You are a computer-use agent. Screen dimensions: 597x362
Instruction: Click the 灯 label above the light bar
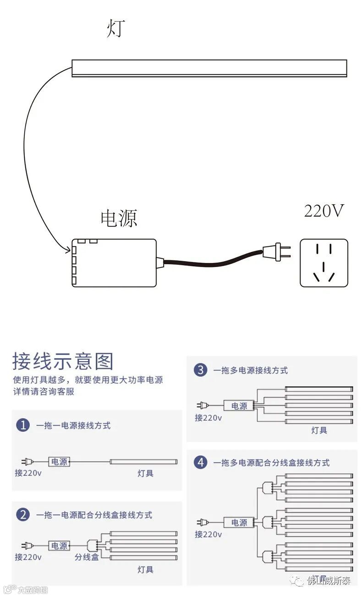pyautogui.click(x=115, y=28)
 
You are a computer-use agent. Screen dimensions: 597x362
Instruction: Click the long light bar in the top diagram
pyautogui.click(x=209, y=68)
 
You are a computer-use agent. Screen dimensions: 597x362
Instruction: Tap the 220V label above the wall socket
pyautogui.click(x=324, y=211)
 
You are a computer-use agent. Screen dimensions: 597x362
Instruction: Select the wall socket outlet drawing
pyautogui.click(x=324, y=263)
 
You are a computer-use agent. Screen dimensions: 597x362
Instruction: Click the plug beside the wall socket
pyautogui.click(x=277, y=251)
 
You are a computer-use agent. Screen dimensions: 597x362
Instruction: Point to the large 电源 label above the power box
pyautogui.click(x=119, y=218)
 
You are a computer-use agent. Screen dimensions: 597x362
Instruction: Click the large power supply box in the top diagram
pyautogui.click(x=114, y=263)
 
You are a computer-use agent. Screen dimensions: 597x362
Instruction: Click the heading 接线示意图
pyautogui.click(x=63, y=361)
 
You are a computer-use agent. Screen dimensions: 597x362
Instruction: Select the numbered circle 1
pyautogui.click(x=23, y=425)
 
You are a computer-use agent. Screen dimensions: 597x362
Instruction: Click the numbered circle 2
pyautogui.click(x=23, y=514)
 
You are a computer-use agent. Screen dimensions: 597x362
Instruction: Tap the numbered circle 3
pyautogui.click(x=200, y=370)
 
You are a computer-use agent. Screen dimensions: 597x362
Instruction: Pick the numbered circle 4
pyautogui.click(x=200, y=462)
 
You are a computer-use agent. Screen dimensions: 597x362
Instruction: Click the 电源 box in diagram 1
pyautogui.click(x=60, y=462)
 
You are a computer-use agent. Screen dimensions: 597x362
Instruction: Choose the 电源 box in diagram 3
pyautogui.click(x=239, y=406)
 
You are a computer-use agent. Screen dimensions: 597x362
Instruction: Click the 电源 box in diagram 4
pyautogui.click(x=239, y=522)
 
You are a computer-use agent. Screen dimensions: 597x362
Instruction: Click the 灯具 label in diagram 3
pyautogui.click(x=319, y=430)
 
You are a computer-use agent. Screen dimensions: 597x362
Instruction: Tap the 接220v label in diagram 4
pyautogui.click(x=208, y=534)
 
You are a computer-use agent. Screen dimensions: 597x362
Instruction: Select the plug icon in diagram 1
pyautogui.click(x=27, y=462)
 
